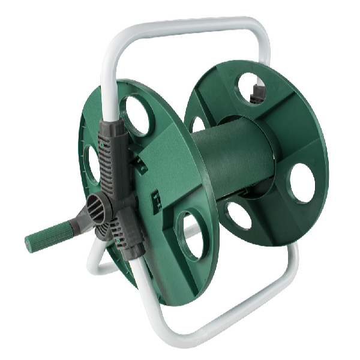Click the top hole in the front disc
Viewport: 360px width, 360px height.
(136, 115)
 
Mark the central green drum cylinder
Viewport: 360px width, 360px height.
(231, 162)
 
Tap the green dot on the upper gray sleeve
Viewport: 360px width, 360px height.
(103, 144)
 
